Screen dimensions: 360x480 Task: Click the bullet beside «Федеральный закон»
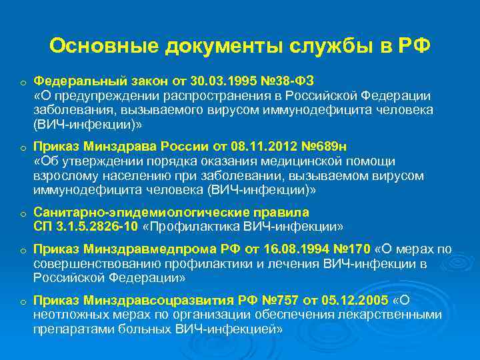click(23, 83)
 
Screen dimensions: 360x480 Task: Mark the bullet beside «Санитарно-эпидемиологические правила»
click(23, 214)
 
